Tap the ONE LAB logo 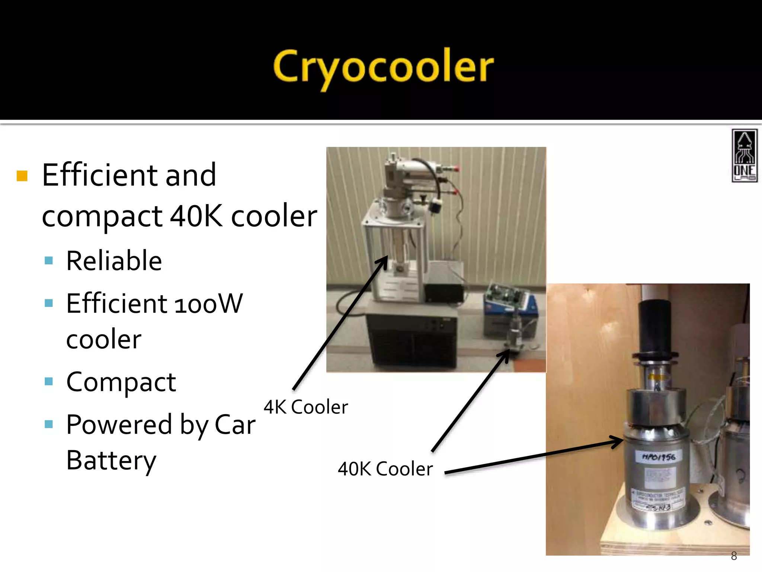[x=744, y=156]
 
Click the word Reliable [x=114, y=261]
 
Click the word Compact [x=121, y=382]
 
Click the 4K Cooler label [x=305, y=407]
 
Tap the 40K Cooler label [x=385, y=469]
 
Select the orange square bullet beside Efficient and [x=22, y=176]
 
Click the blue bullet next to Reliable [x=49, y=260]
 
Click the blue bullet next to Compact [x=49, y=381]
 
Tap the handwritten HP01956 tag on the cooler [x=659, y=457]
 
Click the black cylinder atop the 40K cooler [x=655, y=328]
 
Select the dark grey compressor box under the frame [x=411, y=335]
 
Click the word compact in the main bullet [x=102, y=217]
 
